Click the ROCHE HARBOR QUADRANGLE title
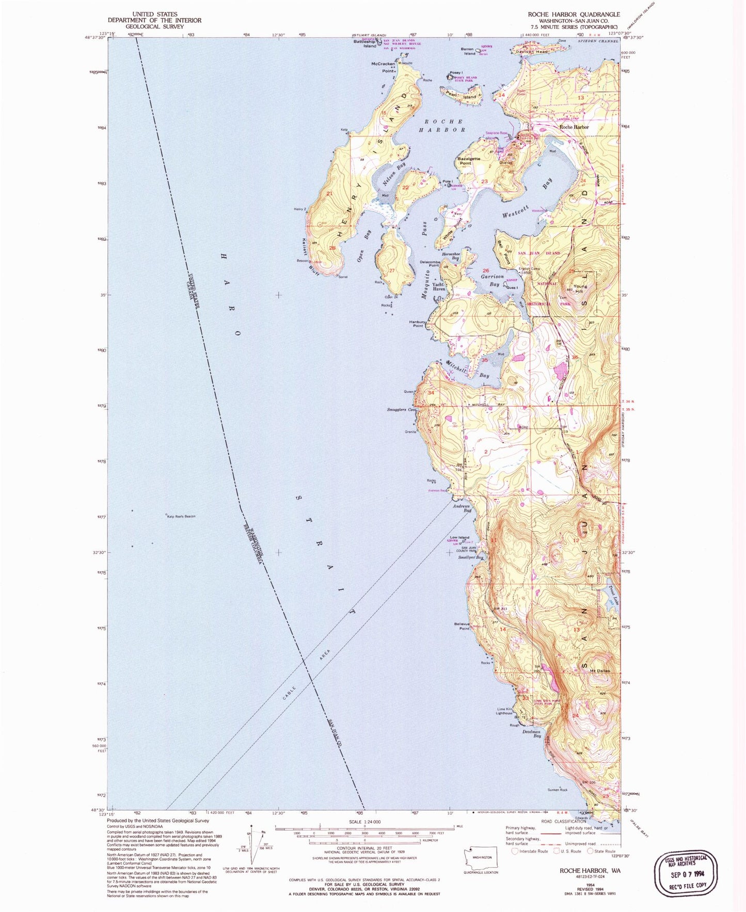coord(574,14)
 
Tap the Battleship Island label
coord(365,43)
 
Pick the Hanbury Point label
coord(417,324)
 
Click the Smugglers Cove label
coord(401,410)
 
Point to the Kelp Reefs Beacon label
coord(181,516)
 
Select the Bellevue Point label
coord(462,626)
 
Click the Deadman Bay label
coord(531,733)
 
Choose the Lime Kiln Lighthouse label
coord(503,711)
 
